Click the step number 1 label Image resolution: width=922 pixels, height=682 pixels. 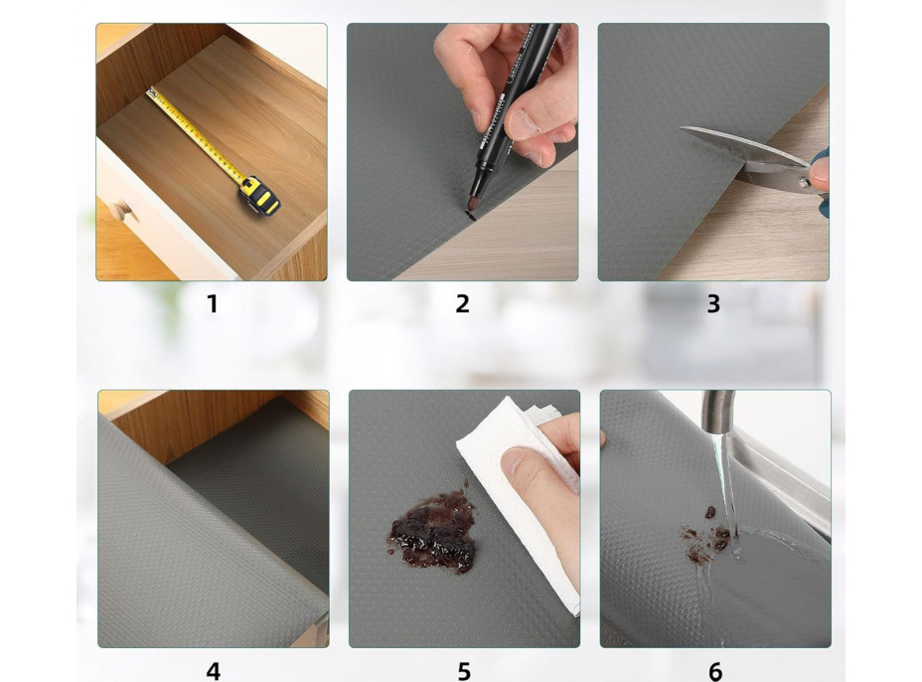[x=213, y=304]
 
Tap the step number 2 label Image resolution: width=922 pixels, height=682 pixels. [x=463, y=304]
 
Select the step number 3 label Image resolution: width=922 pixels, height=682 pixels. [x=713, y=304]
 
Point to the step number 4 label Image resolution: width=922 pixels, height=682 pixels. [x=214, y=671]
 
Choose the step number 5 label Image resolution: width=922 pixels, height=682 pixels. [x=465, y=671]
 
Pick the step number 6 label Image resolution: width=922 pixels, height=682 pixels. [x=715, y=671]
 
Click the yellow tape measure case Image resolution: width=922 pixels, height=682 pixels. [x=259, y=196]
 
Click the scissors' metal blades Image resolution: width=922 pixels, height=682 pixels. [x=742, y=156]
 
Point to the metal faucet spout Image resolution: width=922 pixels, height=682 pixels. [x=718, y=412]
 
